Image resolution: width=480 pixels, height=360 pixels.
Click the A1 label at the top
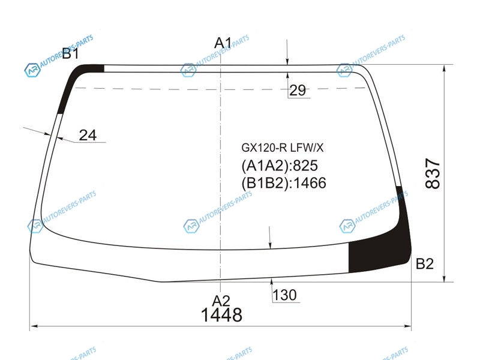[x=223, y=43]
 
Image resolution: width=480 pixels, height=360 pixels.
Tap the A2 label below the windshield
[x=221, y=301]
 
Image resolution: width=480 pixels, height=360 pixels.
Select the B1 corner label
[x=71, y=53]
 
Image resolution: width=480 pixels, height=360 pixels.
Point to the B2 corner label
[x=425, y=263]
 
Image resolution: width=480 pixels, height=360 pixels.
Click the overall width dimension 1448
[x=221, y=314]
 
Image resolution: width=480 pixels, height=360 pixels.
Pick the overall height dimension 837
[x=433, y=173]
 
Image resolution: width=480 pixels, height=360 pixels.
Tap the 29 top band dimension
[x=298, y=91]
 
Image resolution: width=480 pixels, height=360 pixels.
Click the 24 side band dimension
[x=88, y=135]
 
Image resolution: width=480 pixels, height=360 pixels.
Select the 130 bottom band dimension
[x=284, y=295]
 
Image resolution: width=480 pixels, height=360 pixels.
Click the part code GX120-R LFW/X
[x=282, y=148]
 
